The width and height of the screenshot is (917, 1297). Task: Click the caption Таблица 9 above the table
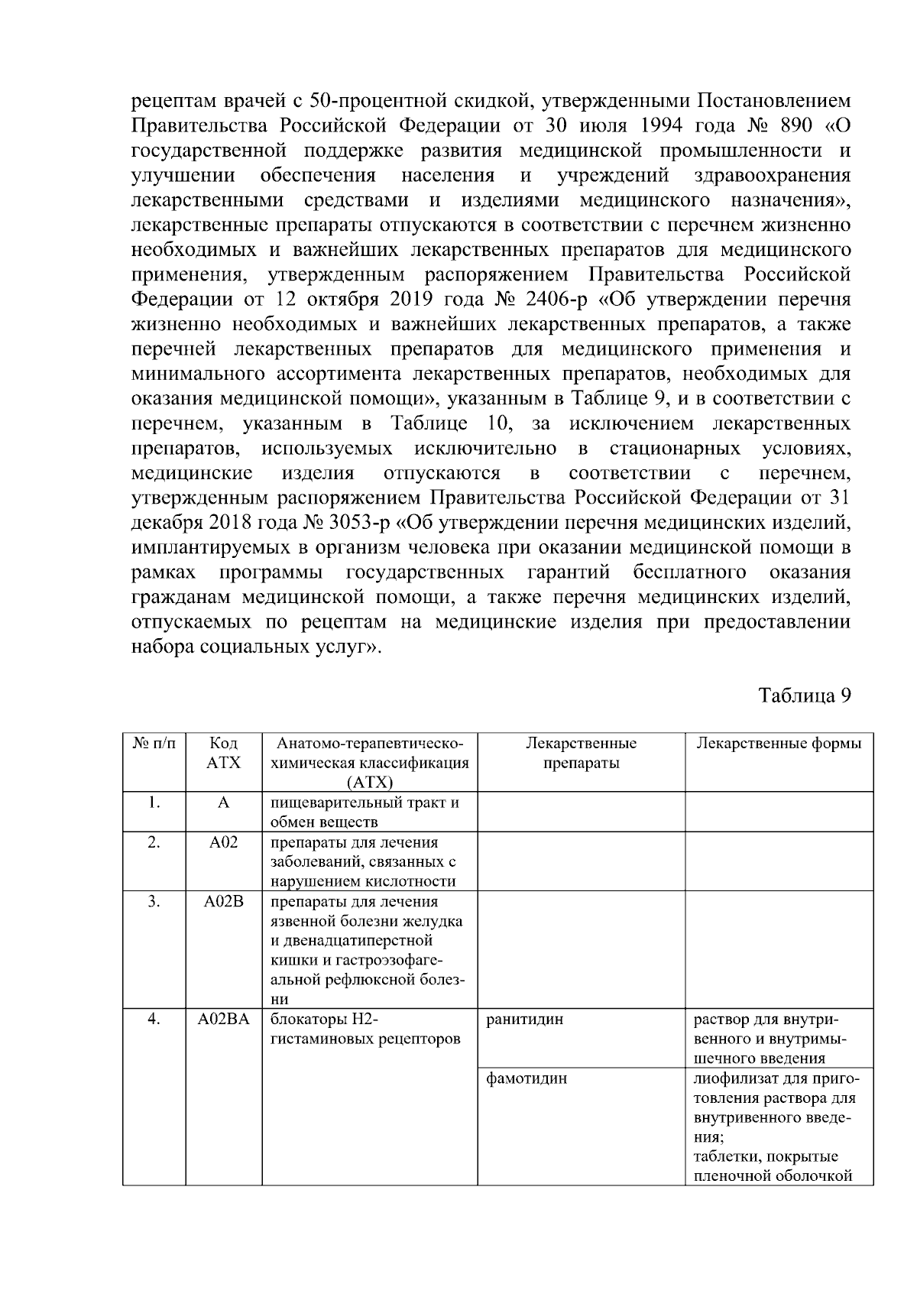coord(804,696)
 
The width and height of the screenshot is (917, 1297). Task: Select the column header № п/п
coord(154,744)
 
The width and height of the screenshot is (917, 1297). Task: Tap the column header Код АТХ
coord(223,753)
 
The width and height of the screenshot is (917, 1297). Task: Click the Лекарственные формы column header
coord(779,744)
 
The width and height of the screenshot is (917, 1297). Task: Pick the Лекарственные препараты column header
coord(581,753)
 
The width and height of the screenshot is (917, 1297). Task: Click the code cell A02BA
coord(223,1019)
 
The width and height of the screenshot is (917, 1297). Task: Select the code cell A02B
coord(223,901)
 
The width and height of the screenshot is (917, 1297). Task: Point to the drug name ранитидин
coord(524,1019)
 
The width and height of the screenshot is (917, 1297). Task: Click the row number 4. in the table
coord(154,1019)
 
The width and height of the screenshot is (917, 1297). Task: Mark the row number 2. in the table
coord(154,842)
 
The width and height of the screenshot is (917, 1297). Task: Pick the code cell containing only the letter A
coord(223,803)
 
